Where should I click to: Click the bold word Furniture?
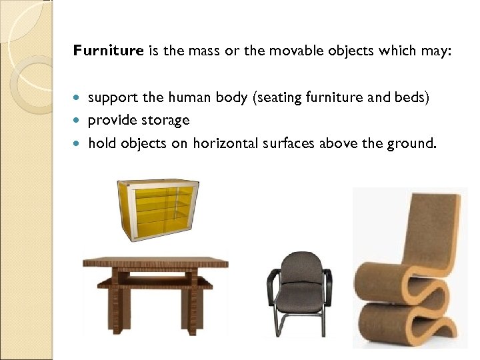coord(108,50)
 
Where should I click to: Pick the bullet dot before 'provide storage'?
coord(80,121)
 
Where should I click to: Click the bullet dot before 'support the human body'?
coord(80,98)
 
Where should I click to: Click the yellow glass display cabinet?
coord(158,207)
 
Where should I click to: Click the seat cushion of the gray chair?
coord(301,298)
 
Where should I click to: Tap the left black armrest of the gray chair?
coord(272,280)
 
